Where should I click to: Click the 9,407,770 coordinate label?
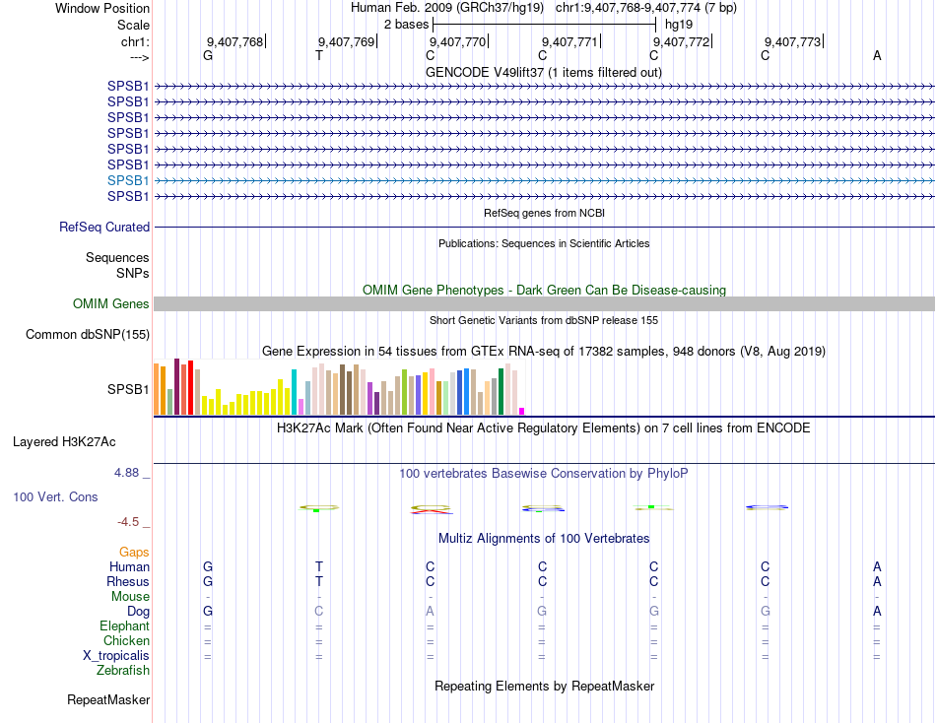pyautogui.click(x=457, y=42)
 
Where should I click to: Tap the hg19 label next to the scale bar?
pyautogui.click(x=679, y=25)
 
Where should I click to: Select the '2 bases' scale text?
pyautogui.click(x=406, y=25)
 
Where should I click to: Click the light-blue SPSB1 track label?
pyautogui.click(x=128, y=180)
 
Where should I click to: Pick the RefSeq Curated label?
pyautogui.click(x=104, y=228)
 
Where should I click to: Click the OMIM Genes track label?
pyautogui.click(x=111, y=304)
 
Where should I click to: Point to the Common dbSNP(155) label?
pyautogui.click(x=87, y=335)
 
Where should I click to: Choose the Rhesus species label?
pyautogui.click(x=128, y=581)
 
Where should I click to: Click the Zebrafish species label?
pyautogui.click(x=123, y=671)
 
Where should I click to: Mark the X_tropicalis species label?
pyautogui.click(x=116, y=656)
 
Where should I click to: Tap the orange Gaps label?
pyautogui.click(x=134, y=553)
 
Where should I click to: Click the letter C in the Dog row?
pyautogui.click(x=319, y=612)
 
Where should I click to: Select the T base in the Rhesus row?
pyautogui.click(x=319, y=581)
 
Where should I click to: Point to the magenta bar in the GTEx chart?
pyautogui.click(x=522, y=411)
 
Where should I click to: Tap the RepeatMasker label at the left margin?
pyautogui.click(x=108, y=700)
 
